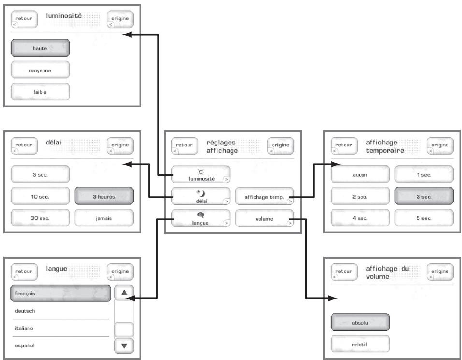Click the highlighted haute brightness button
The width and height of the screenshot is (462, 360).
click(x=40, y=48)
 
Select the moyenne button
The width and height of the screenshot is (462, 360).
click(x=40, y=70)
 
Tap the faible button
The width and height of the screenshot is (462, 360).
click(x=40, y=92)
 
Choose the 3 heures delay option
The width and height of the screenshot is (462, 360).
click(x=104, y=196)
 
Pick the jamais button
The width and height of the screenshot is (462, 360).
click(x=104, y=218)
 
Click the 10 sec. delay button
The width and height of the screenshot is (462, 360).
click(x=40, y=196)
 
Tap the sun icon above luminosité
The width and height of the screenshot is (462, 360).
click(x=201, y=172)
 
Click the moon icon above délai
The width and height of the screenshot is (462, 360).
click(x=201, y=194)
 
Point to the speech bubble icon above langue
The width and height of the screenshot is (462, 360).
click(x=201, y=216)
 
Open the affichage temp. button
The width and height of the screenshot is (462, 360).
click(x=265, y=196)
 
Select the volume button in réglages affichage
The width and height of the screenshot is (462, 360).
click(x=265, y=218)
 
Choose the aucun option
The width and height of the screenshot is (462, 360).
click(x=360, y=174)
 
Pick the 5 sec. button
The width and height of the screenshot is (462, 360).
click(x=424, y=218)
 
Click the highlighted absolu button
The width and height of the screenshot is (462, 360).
click(x=360, y=322)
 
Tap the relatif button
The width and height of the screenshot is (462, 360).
click(x=360, y=344)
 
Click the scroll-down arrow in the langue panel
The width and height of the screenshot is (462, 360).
click(x=124, y=346)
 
